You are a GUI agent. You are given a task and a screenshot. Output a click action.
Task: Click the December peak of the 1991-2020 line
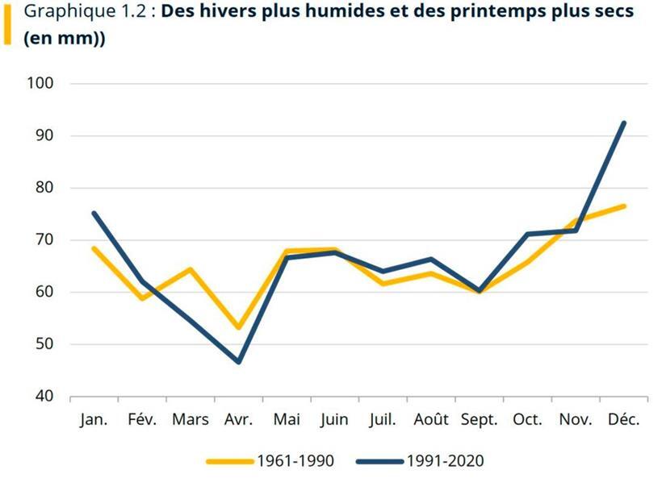coord(623,123)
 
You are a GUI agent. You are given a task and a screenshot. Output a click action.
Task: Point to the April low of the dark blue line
coord(239,362)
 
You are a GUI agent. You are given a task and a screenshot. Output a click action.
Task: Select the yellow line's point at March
coord(191,269)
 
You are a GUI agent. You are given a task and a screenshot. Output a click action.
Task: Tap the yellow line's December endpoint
coord(623,206)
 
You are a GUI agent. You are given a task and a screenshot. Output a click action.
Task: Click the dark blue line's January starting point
coord(94,214)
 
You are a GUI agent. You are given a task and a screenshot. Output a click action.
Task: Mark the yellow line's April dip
coord(239,327)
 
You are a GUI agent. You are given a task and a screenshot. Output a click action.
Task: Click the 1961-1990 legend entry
coord(270,461)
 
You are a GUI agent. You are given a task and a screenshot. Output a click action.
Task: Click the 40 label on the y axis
coord(44,397)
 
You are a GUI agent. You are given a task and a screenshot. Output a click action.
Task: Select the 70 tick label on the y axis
coord(44,239)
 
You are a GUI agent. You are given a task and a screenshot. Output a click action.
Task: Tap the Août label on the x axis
coord(431,420)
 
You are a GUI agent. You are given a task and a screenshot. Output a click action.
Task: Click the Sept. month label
coord(480,420)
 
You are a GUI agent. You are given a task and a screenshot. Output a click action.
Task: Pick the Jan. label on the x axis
coord(94,420)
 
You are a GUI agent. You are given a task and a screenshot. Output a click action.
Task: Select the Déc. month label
coord(623,420)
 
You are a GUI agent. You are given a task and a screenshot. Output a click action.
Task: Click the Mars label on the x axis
coord(191,420)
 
